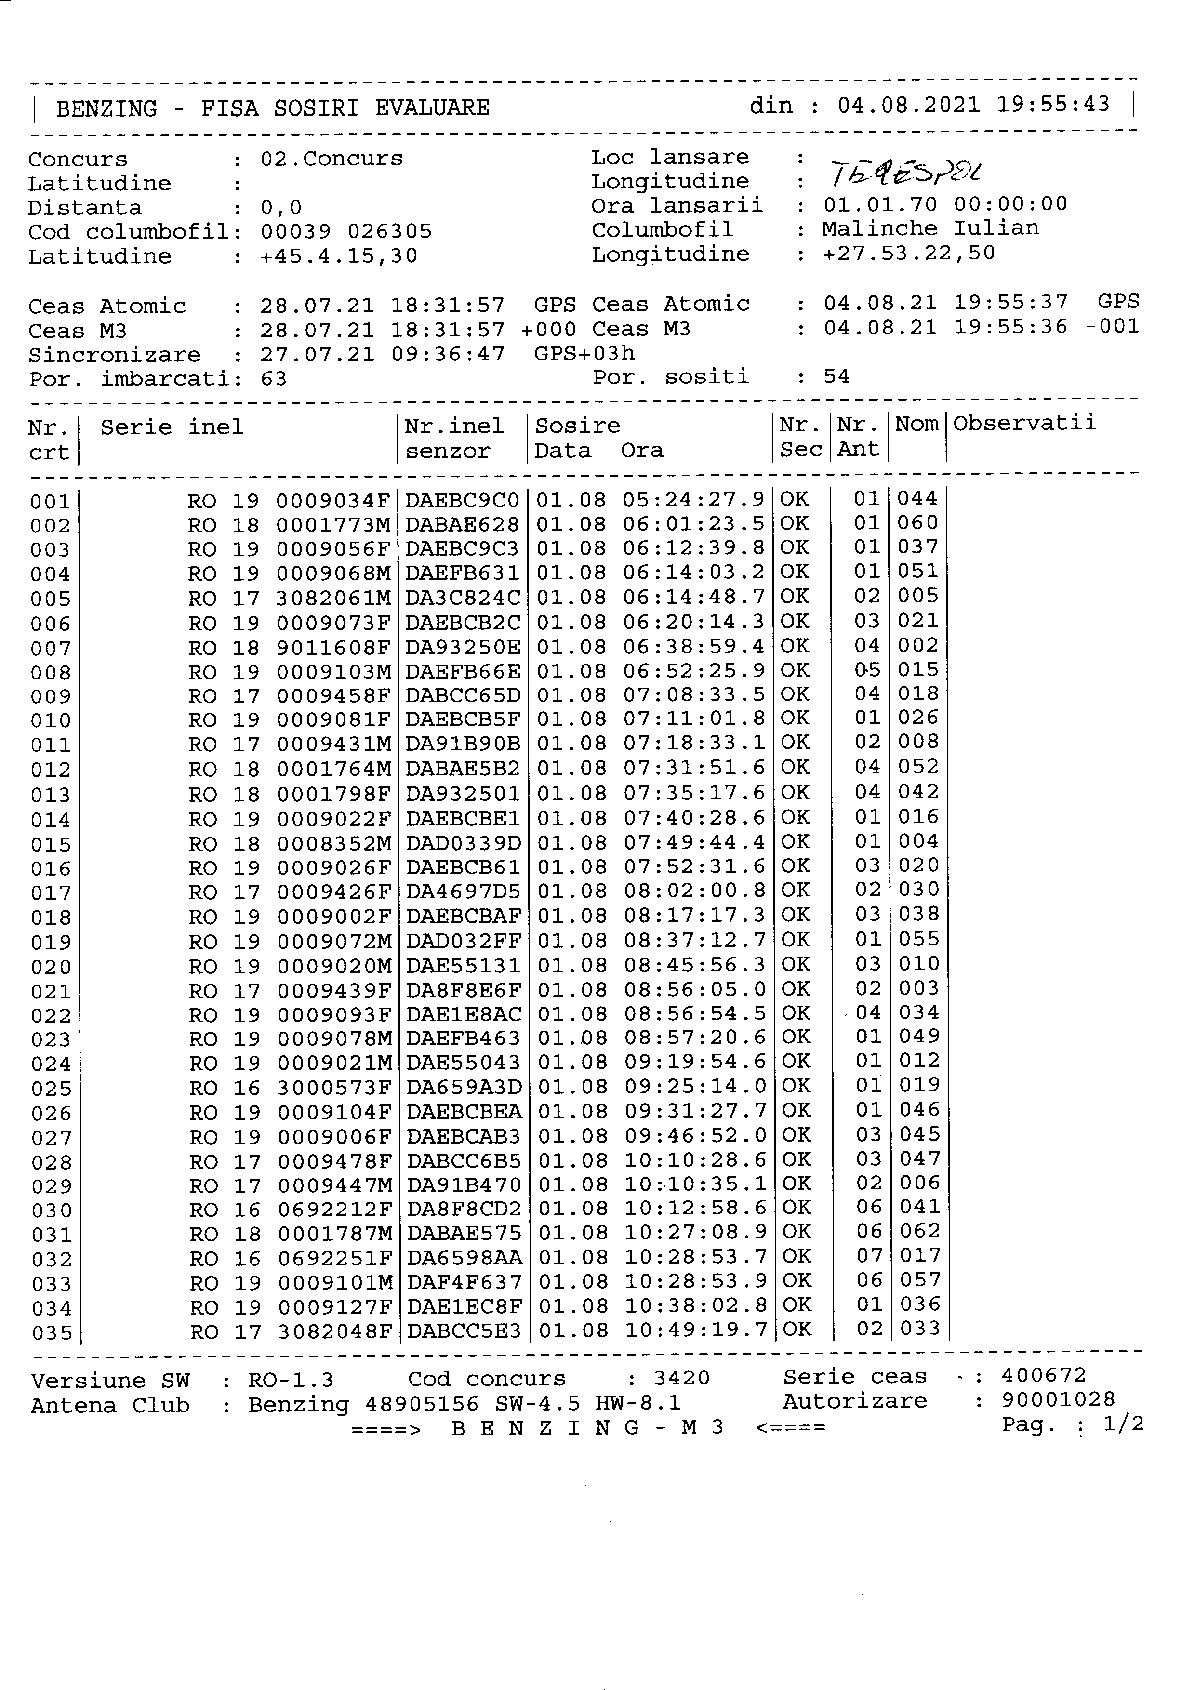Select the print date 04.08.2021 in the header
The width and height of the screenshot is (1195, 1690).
point(909,105)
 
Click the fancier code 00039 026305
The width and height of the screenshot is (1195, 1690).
point(346,232)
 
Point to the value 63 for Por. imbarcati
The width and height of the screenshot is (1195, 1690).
point(273,379)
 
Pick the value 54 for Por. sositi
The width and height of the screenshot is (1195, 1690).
point(836,377)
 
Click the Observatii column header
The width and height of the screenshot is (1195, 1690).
point(1024,423)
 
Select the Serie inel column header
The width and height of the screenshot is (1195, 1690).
point(172,427)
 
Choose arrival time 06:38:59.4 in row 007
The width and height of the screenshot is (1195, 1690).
point(694,646)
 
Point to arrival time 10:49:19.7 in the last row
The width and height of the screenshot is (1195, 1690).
point(696,1330)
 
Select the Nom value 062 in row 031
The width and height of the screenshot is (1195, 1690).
point(920,1231)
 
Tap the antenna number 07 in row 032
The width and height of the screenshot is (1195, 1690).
point(868,1256)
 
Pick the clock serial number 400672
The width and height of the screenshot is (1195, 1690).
point(1043,1375)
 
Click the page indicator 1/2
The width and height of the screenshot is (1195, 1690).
point(1124,1424)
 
